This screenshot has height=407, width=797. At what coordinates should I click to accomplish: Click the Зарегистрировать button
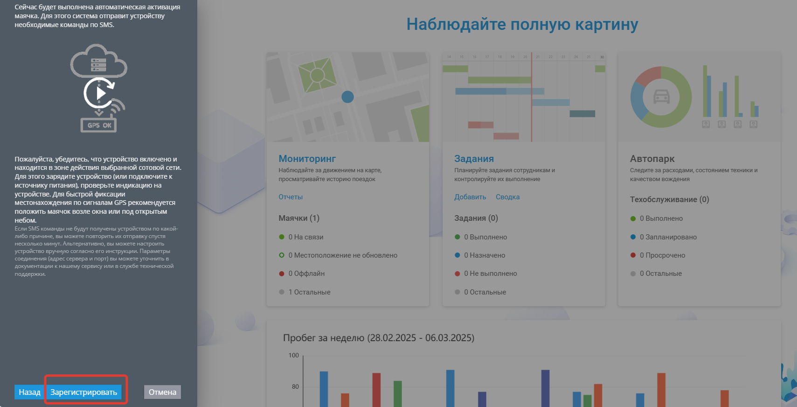point(83,392)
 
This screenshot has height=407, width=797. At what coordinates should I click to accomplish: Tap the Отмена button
point(162,392)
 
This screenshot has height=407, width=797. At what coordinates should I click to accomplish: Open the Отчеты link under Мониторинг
point(291,197)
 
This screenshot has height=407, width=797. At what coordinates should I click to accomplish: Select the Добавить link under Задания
point(470,197)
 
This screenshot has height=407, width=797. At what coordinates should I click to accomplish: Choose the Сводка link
point(507,197)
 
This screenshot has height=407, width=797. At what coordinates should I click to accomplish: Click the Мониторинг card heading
point(307,158)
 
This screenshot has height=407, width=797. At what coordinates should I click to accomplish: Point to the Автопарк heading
point(652,158)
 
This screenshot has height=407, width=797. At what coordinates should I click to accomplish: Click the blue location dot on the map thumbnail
point(347,97)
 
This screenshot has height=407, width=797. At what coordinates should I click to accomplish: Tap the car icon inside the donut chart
point(661,97)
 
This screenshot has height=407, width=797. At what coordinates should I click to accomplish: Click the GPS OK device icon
point(98,125)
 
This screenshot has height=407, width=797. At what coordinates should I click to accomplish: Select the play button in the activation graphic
point(100,93)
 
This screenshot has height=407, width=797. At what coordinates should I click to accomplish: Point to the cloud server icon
point(98,61)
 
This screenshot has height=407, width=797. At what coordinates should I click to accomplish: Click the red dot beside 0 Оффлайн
point(281,274)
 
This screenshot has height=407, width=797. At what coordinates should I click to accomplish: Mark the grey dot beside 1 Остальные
point(281,292)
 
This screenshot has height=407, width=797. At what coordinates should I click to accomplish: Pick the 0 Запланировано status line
point(664,237)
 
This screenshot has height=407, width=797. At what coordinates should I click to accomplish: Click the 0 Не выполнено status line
point(485,274)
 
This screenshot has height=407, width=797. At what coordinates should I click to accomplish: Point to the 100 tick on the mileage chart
point(293,355)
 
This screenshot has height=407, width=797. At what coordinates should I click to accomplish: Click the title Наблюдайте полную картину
point(522,24)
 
